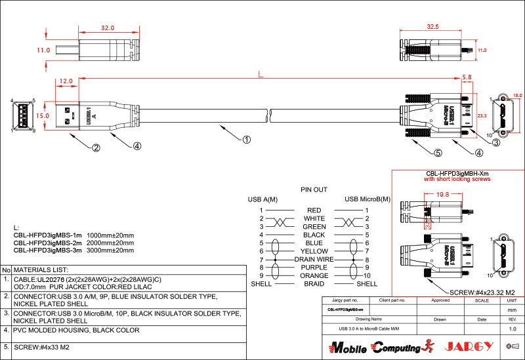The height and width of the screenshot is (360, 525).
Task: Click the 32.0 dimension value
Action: point(108,28)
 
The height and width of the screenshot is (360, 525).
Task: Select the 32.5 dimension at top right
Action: point(432,28)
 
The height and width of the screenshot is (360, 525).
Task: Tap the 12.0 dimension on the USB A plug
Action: point(66,81)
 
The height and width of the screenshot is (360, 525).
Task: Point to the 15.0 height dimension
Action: point(43,115)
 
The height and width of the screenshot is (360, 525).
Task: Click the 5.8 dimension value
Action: point(467,77)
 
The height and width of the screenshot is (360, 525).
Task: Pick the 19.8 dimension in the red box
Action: point(442,195)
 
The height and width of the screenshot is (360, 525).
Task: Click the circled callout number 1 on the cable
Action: point(246,139)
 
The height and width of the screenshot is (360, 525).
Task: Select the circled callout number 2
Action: point(96,148)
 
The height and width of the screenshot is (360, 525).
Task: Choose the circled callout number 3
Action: point(496,142)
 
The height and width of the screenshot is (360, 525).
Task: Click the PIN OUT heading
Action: point(314,190)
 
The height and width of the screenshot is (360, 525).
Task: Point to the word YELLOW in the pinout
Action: point(314,251)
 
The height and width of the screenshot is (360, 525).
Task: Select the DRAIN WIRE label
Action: point(314,260)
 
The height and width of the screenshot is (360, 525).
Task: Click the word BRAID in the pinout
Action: point(314,284)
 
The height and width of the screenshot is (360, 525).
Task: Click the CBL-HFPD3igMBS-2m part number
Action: point(48,243)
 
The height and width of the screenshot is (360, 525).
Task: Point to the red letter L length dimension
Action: point(261,75)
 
